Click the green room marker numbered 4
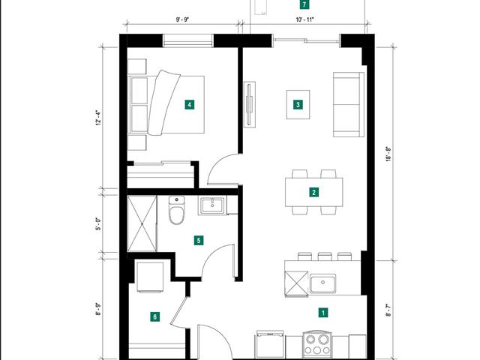click(190, 105)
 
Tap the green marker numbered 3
click(298, 105)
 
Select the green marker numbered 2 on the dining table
click(313, 193)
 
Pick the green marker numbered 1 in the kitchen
click(323, 313)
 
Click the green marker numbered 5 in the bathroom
click(199, 240)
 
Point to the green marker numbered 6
click(155, 316)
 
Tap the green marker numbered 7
click(304, 4)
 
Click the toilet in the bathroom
click(177, 210)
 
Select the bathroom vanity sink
click(212, 205)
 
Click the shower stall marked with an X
click(142, 223)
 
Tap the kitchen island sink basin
click(322, 283)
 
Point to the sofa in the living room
click(349, 105)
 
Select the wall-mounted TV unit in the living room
click(250, 104)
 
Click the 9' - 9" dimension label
click(182, 19)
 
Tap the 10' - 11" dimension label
click(305, 19)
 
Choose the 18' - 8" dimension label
click(388, 154)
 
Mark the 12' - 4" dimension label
click(98, 118)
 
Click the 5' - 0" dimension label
click(98, 223)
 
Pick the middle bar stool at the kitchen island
click(325, 256)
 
